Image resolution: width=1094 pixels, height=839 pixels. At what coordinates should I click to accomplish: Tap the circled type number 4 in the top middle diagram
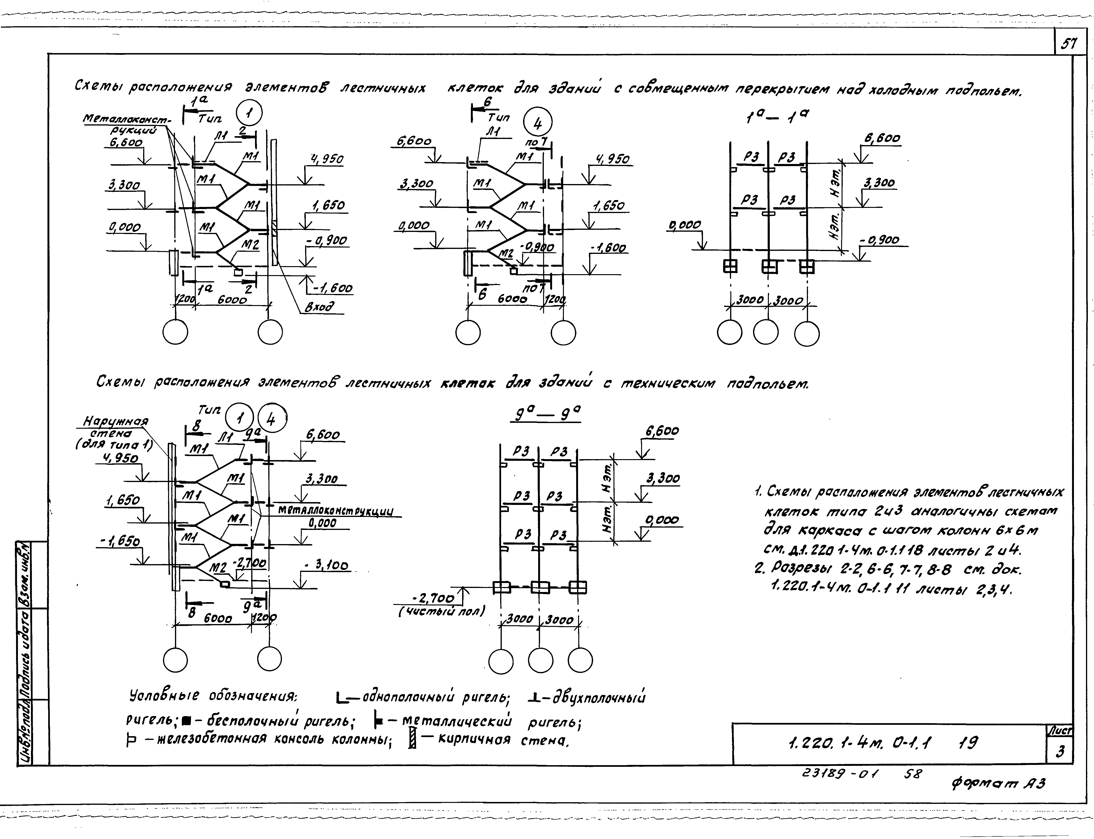click(537, 123)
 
